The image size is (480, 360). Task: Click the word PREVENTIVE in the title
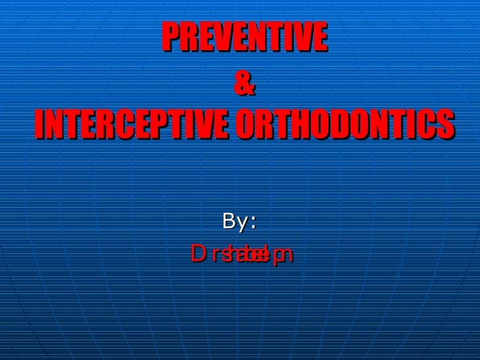244,40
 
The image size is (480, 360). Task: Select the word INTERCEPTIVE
132,125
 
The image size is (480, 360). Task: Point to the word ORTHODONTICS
344,125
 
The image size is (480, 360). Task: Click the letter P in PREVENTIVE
169,40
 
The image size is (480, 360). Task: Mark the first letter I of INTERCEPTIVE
40,125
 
